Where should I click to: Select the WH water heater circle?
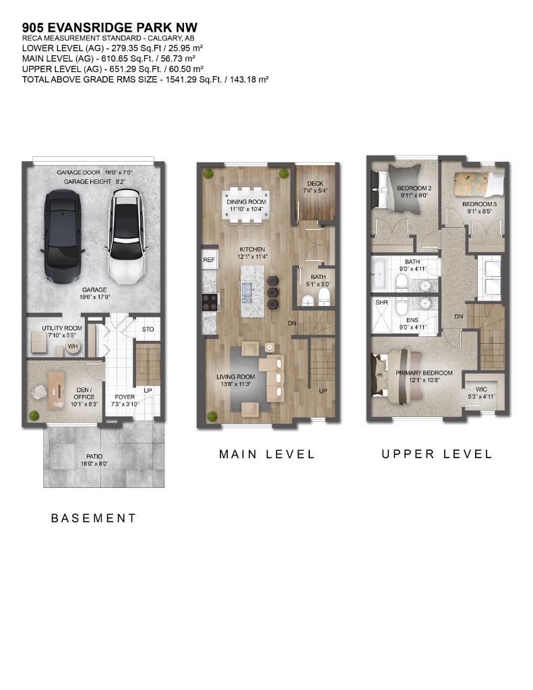coord(71,347)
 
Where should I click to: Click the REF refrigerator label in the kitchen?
coord(208,259)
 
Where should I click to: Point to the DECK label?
coord(315,183)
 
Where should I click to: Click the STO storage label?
coord(148,330)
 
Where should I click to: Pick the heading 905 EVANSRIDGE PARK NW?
coord(110,28)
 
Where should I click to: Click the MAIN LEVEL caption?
coord(267,454)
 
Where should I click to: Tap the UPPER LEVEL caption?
coord(437,454)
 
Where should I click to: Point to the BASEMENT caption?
coord(94,518)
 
